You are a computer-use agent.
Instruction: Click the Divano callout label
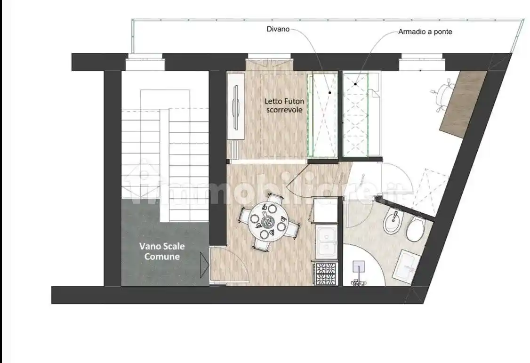(278, 29)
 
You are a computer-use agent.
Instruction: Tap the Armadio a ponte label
(425, 32)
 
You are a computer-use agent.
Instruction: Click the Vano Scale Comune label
(162, 251)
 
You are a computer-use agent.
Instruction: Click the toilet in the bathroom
(416, 229)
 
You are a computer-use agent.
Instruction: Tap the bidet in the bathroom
(393, 222)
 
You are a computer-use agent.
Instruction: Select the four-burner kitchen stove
(325, 274)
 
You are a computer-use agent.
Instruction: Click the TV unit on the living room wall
(236, 106)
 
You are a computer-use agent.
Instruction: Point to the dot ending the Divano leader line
(329, 92)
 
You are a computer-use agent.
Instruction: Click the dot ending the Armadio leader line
(355, 83)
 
